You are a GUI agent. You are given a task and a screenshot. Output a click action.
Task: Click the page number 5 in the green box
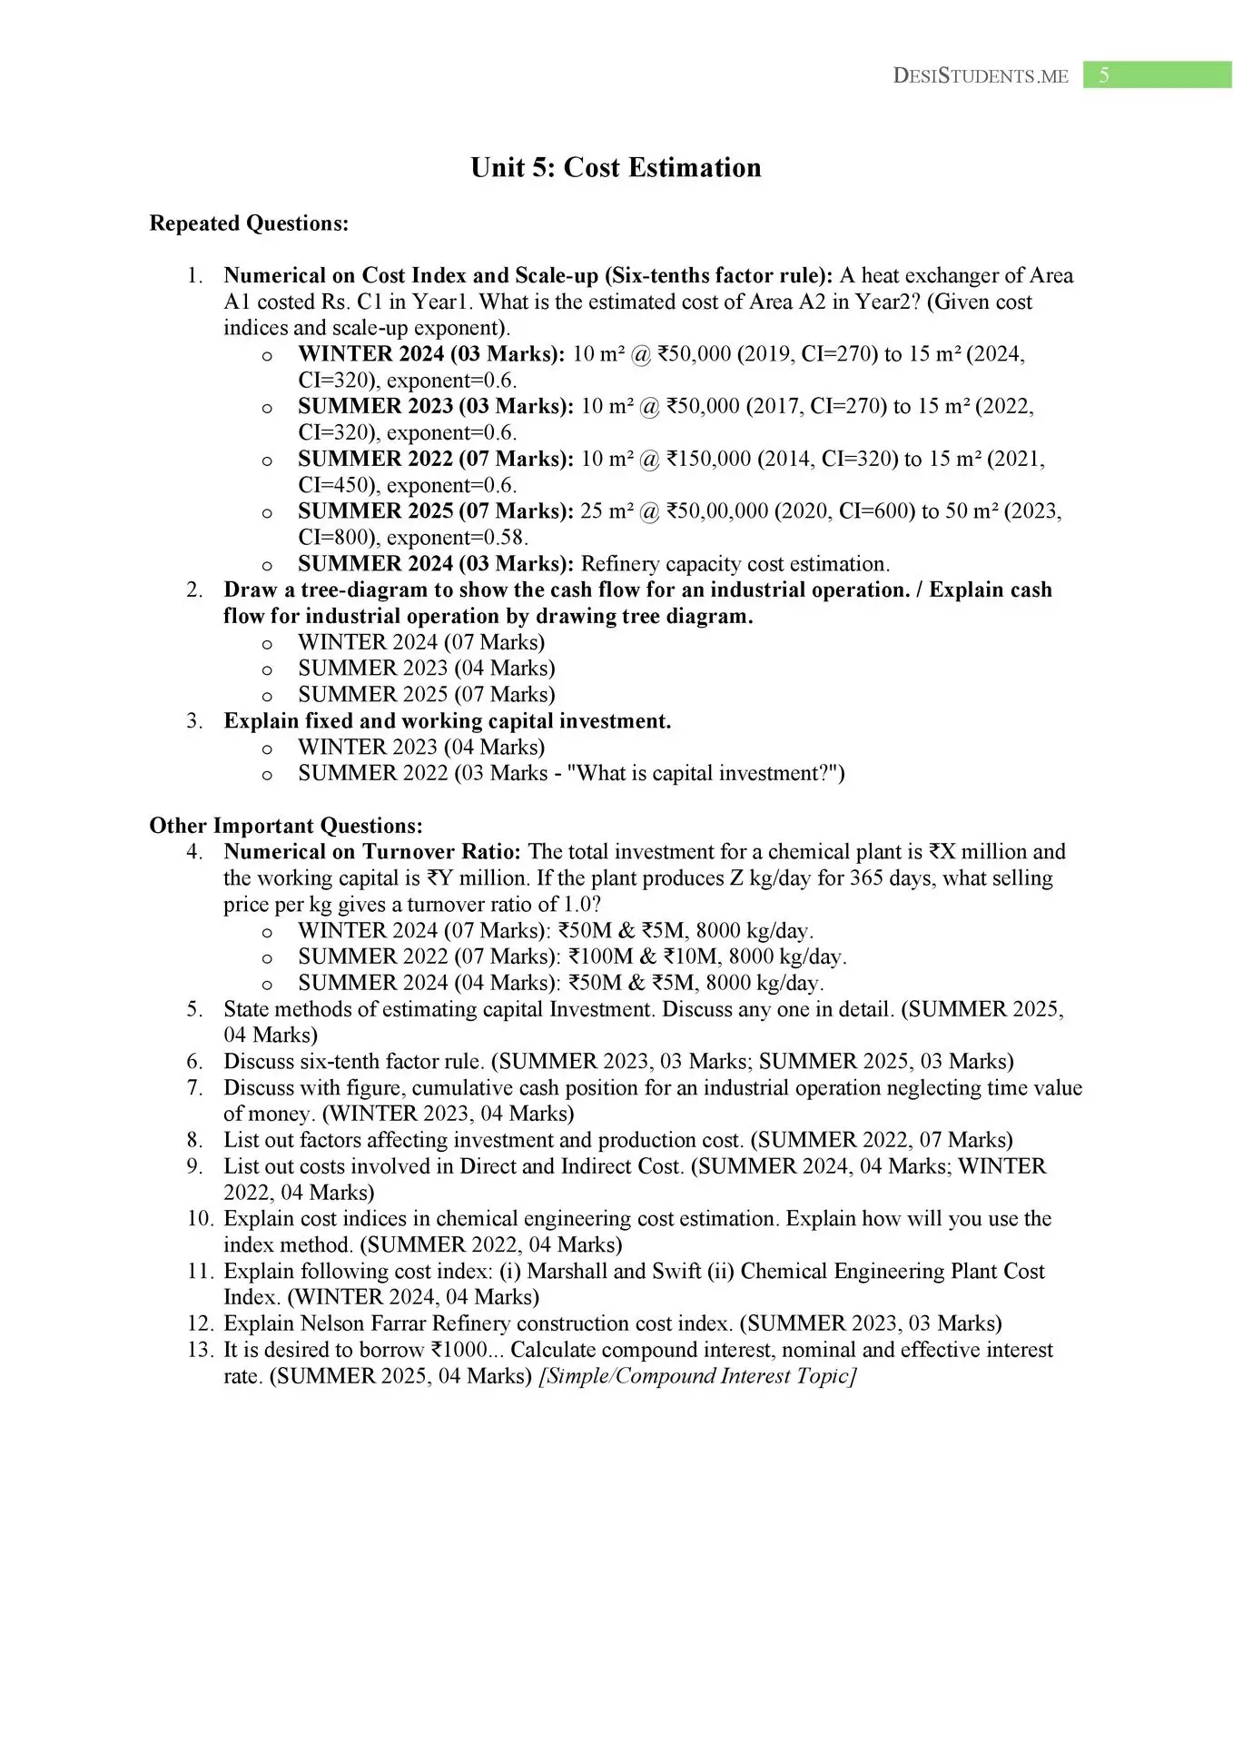coord(1104,75)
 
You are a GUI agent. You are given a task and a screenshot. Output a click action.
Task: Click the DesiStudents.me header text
coord(981,76)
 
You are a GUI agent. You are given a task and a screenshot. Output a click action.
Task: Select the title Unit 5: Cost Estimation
coord(616,168)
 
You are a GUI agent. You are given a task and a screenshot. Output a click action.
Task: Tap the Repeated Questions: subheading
coord(249,223)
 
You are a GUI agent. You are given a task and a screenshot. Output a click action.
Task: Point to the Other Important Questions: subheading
coord(286,826)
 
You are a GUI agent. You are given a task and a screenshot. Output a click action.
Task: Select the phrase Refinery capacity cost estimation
coord(735,564)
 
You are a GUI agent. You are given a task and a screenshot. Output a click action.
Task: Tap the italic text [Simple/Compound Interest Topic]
coord(697,1376)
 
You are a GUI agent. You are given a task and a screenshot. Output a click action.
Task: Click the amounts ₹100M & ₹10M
coord(645,956)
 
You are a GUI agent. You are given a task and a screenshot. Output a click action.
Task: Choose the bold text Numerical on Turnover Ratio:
coord(372,852)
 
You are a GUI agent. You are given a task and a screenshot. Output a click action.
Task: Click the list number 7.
coord(194,1088)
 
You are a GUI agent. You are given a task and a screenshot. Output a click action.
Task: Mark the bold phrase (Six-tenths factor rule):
coord(719,275)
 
